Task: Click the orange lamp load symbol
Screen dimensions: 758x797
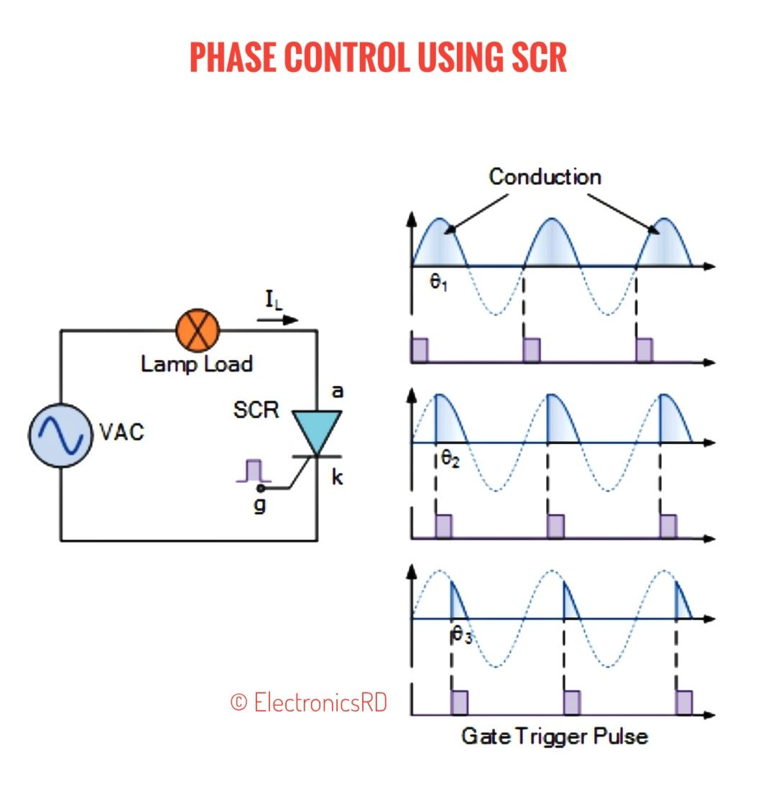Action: tap(198, 331)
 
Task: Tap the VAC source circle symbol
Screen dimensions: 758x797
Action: tap(60, 436)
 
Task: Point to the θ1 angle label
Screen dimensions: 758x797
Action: tap(439, 282)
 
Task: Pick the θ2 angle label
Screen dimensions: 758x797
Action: tap(450, 459)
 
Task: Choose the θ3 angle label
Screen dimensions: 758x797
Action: tap(462, 635)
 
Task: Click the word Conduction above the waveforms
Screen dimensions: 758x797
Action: tap(545, 177)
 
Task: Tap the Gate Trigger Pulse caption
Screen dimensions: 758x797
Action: tap(555, 737)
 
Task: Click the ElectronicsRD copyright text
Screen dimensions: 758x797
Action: tap(309, 702)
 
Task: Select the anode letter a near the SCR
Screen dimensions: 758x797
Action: tap(338, 392)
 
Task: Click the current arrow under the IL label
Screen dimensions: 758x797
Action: tap(277, 321)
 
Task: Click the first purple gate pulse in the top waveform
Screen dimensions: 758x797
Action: tap(420, 350)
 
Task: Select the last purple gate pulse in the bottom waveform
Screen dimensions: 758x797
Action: tap(684, 702)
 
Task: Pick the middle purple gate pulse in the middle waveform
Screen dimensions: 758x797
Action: tap(556, 526)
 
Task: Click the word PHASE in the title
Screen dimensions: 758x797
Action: tap(234, 57)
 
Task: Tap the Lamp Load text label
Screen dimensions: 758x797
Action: tap(197, 364)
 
